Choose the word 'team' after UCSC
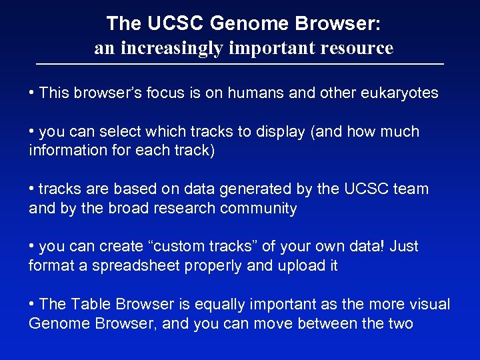(x=411, y=189)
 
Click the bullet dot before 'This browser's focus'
(x=33, y=93)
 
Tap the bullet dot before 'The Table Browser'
(x=33, y=304)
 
